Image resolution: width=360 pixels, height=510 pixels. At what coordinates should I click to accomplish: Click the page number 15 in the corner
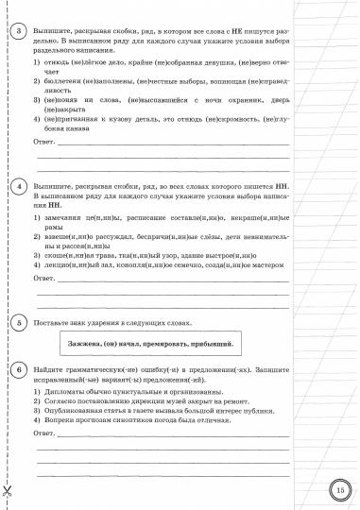(x=341, y=488)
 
